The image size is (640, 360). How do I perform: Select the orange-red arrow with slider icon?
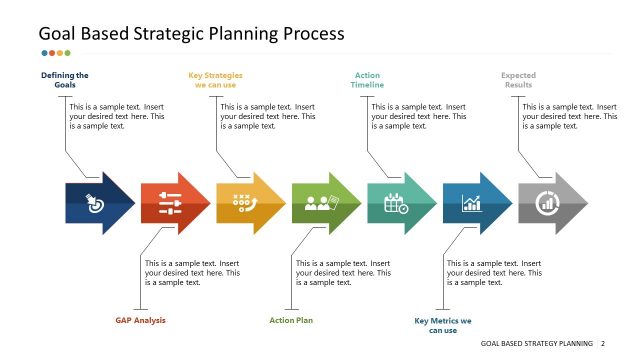[x=173, y=203]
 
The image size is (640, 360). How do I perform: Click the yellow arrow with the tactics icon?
[x=248, y=203]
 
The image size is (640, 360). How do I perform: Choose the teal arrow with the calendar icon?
[x=399, y=203]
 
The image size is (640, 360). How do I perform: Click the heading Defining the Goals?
[x=65, y=80]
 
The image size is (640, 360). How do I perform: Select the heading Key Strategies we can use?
[x=215, y=80]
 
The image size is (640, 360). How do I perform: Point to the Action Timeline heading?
[x=367, y=80]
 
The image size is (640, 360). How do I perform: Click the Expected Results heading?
[x=518, y=80]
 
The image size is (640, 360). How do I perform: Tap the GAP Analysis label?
[x=140, y=320]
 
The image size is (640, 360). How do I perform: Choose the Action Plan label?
[x=291, y=320]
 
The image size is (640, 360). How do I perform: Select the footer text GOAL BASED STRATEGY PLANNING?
[x=536, y=343]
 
